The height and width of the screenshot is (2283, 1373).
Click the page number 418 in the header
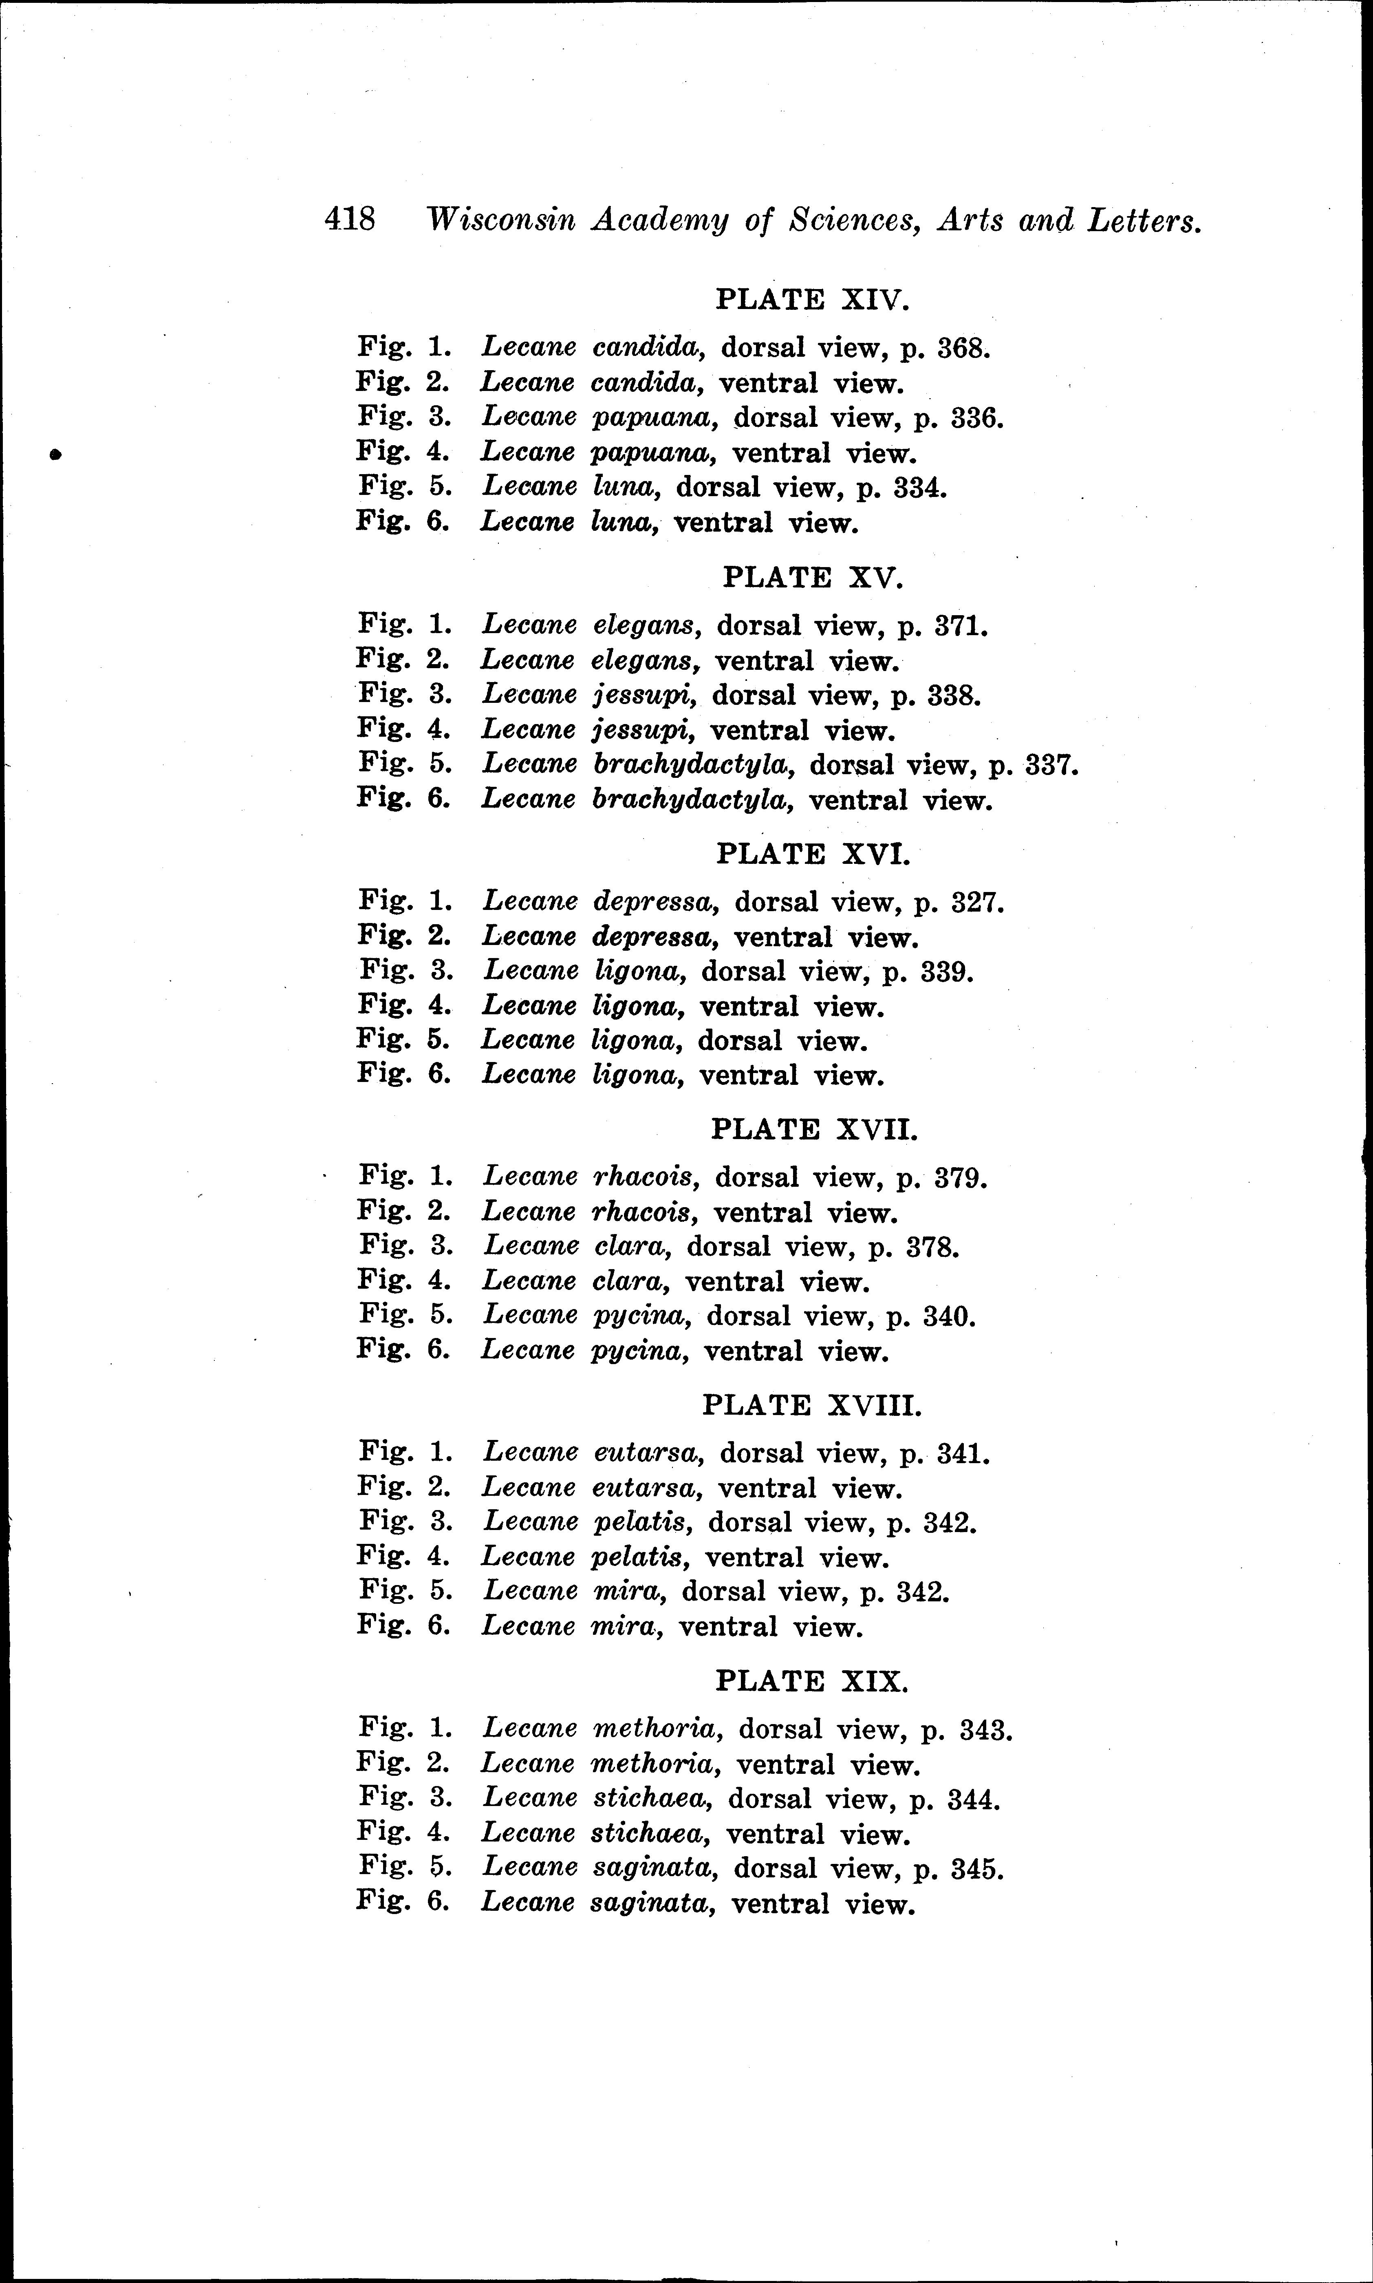(350, 220)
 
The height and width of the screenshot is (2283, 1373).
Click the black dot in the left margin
(55, 453)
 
